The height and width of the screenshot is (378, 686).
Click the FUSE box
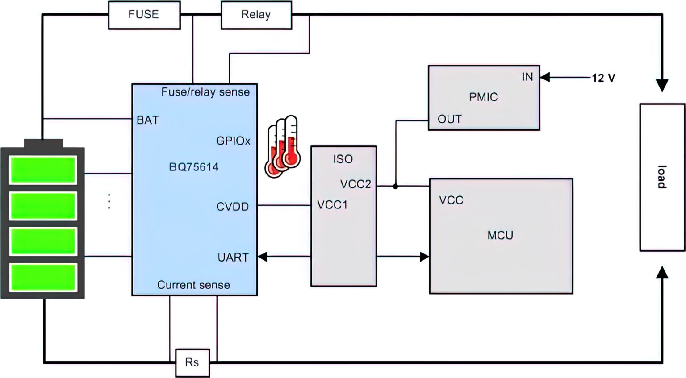(144, 15)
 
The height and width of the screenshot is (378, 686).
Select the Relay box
(256, 15)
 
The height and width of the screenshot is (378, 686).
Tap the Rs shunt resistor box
(192, 362)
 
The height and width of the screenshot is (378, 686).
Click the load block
(662, 177)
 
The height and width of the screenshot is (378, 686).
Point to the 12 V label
(603, 78)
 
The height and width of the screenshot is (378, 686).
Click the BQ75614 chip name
(194, 167)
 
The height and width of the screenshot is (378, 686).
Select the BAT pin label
(147, 120)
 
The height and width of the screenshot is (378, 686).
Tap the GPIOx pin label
(233, 141)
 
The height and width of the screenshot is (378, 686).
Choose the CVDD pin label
(232, 207)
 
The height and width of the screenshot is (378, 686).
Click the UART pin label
(233, 258)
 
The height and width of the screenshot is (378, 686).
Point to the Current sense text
(193, 285)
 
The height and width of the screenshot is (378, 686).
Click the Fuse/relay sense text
(205, 92)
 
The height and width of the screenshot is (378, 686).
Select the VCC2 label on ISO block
(356, 184)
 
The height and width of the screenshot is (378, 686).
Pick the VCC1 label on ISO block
(332, 205)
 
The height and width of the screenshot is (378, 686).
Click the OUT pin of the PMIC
(449, 119)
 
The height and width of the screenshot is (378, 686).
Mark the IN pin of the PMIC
(527, 77)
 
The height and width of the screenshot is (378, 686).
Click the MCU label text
(500, 235)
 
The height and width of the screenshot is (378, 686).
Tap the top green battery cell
(43, 170)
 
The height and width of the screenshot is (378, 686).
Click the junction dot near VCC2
(395, 186)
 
